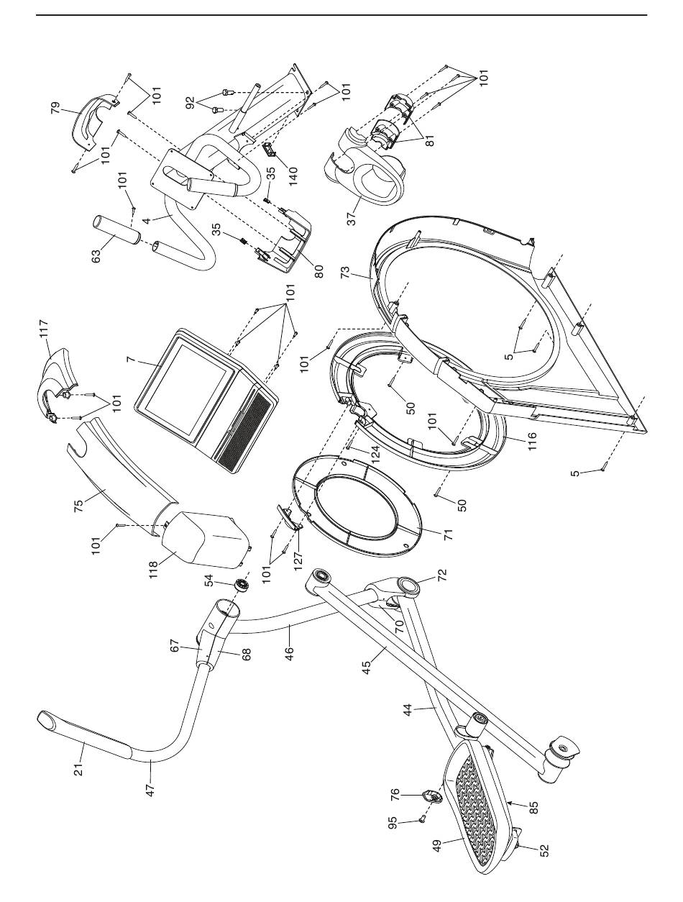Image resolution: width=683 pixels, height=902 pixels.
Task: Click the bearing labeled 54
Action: click(x=242, y=586)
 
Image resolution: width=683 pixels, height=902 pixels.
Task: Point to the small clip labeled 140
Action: click(x=270, y=149)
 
